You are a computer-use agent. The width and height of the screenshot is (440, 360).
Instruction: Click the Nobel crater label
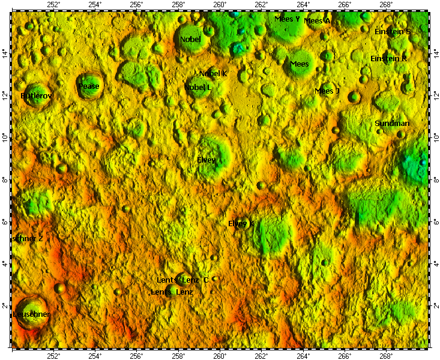190,40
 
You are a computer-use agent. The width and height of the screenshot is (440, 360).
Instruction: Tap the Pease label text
89,86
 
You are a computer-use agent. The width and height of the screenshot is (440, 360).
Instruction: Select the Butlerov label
37,96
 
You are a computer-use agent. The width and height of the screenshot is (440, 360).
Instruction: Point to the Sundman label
392,124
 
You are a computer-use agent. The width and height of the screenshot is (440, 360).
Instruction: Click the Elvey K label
241,224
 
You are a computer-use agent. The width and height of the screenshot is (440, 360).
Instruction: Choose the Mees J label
327,91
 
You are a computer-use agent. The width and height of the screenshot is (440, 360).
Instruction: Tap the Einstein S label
393,31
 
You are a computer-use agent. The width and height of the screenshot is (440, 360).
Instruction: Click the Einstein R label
389,59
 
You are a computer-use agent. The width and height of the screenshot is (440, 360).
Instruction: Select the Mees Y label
287,19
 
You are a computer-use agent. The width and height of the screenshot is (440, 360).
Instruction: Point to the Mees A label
317,21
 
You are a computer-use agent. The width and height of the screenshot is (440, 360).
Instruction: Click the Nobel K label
213,74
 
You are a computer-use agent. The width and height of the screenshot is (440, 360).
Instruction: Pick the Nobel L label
198,88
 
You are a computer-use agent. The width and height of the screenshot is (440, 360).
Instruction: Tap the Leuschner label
32,314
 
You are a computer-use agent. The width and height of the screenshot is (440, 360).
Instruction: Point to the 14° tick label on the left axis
5,55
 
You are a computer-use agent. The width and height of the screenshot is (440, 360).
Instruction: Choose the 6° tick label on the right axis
435,222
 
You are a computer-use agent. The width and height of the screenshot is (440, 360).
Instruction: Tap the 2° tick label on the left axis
5,306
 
